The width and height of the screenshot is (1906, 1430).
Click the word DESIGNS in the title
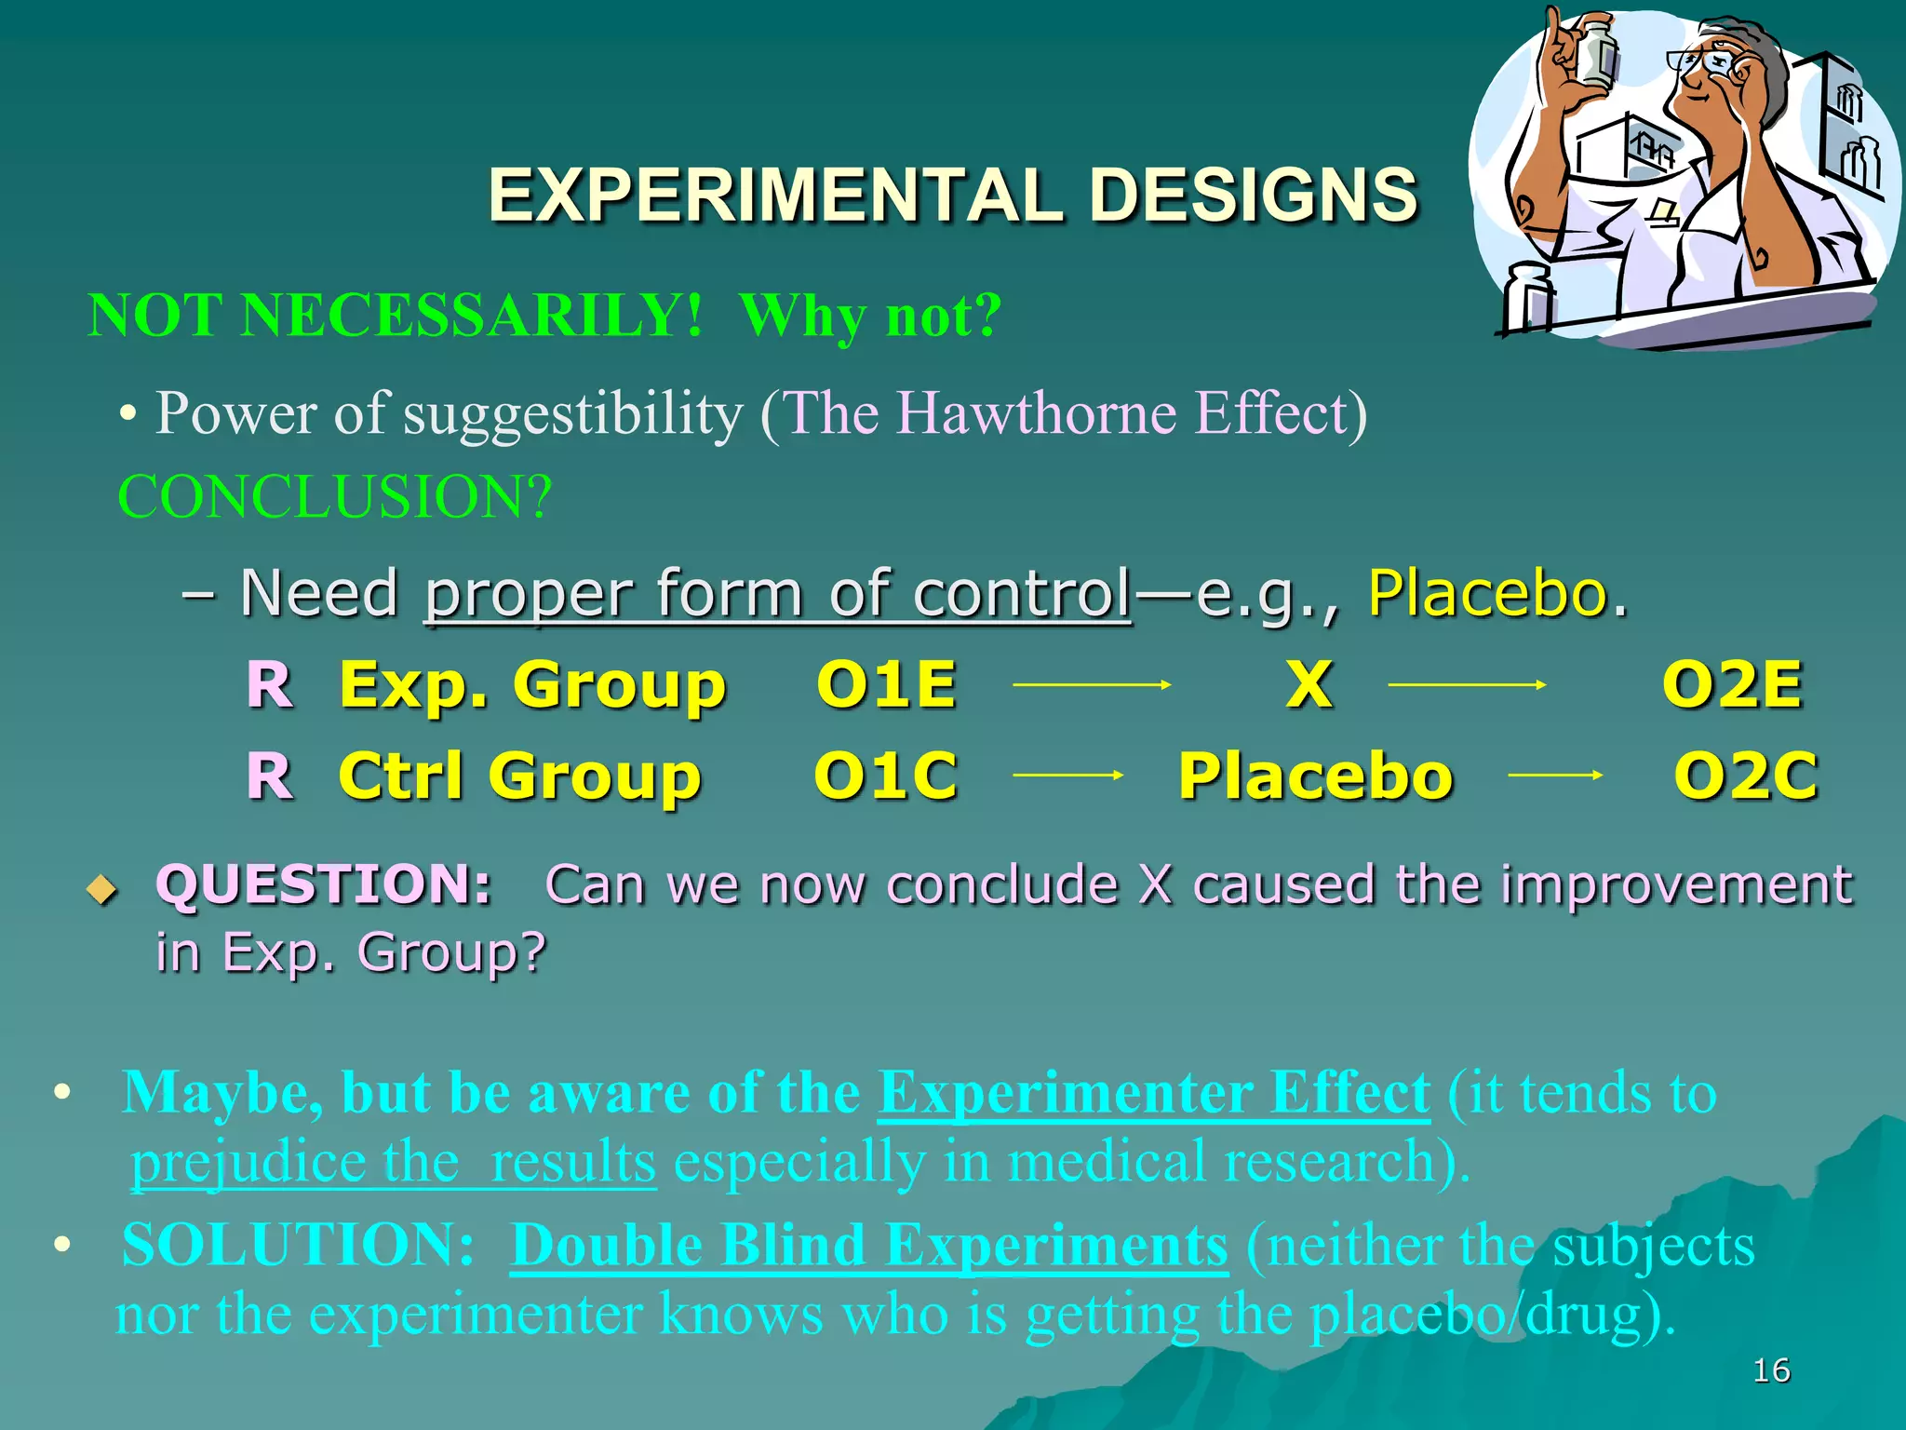(1253, 196)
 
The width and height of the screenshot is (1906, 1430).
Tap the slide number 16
(1770, 1370)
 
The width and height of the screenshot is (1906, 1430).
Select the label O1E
(886, 685)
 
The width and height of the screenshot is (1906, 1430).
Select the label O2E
(1732, 685)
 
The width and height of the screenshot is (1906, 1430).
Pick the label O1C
(886, 775)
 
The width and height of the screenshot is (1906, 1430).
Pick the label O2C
(1745, 775)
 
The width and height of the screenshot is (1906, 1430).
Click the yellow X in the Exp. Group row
(1309, 685)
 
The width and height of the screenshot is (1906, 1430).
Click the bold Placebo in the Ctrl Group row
(1315, 775)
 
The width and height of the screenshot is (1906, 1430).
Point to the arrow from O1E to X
(1091, 685)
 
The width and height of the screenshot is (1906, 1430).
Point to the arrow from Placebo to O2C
(1554, 775)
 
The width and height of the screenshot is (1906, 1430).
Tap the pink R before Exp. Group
(270, 685)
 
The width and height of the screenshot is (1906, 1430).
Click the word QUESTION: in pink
(323, 884)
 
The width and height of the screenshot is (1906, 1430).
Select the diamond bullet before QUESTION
(101, 890)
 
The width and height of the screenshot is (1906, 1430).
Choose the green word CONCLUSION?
(335, 497)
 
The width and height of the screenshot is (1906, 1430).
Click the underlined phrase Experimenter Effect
(1153, 1093)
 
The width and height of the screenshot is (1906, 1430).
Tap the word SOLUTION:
(298, 1246)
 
